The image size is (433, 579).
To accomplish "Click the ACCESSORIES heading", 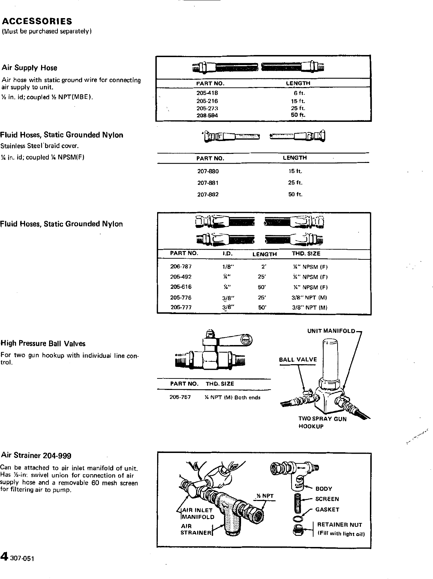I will click(37, 21).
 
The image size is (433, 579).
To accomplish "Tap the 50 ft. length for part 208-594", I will click(298, 115).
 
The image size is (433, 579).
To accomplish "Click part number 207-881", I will click(208, 183).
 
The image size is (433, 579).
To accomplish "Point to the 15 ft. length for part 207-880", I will click(295, 171).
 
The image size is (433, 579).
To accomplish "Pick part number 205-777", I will click(181, 307).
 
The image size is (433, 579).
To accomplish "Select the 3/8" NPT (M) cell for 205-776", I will click(309, 298).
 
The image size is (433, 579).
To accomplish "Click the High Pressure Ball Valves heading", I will click(43, 343).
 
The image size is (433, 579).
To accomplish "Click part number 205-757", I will click(180, 397).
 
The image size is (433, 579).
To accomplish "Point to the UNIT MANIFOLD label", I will click(331, 331).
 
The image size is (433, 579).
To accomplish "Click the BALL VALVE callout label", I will click(298, 360).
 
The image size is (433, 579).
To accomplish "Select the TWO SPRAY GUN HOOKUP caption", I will click(322, 422).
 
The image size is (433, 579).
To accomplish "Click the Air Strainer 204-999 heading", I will click(37, 455).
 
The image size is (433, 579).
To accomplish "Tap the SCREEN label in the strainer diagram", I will click(327, 499).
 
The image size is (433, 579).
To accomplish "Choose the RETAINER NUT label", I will click(339, 525).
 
